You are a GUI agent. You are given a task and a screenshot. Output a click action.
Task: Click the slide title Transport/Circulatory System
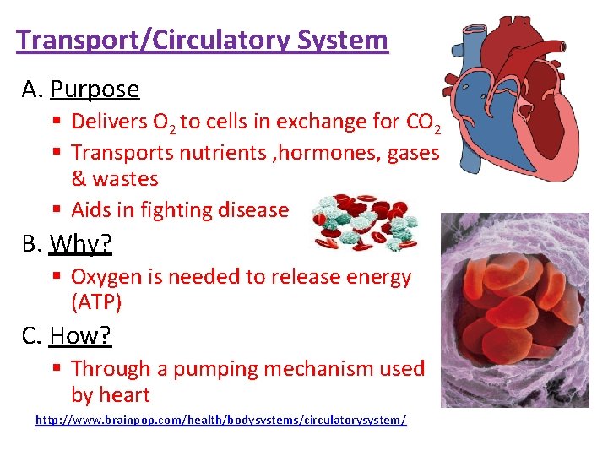coord(202,40)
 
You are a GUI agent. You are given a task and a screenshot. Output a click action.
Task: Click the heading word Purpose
coord(95,89)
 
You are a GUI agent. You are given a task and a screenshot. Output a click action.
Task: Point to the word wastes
coord(126,179)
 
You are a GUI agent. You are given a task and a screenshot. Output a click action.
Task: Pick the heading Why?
coord(81,244)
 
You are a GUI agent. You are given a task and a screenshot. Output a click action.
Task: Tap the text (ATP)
coord(96,301)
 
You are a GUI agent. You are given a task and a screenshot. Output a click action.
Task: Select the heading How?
coord(80,335)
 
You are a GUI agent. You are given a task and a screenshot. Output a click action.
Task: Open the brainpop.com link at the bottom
coord(220,420)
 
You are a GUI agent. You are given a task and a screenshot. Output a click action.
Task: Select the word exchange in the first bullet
coord(285,122)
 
